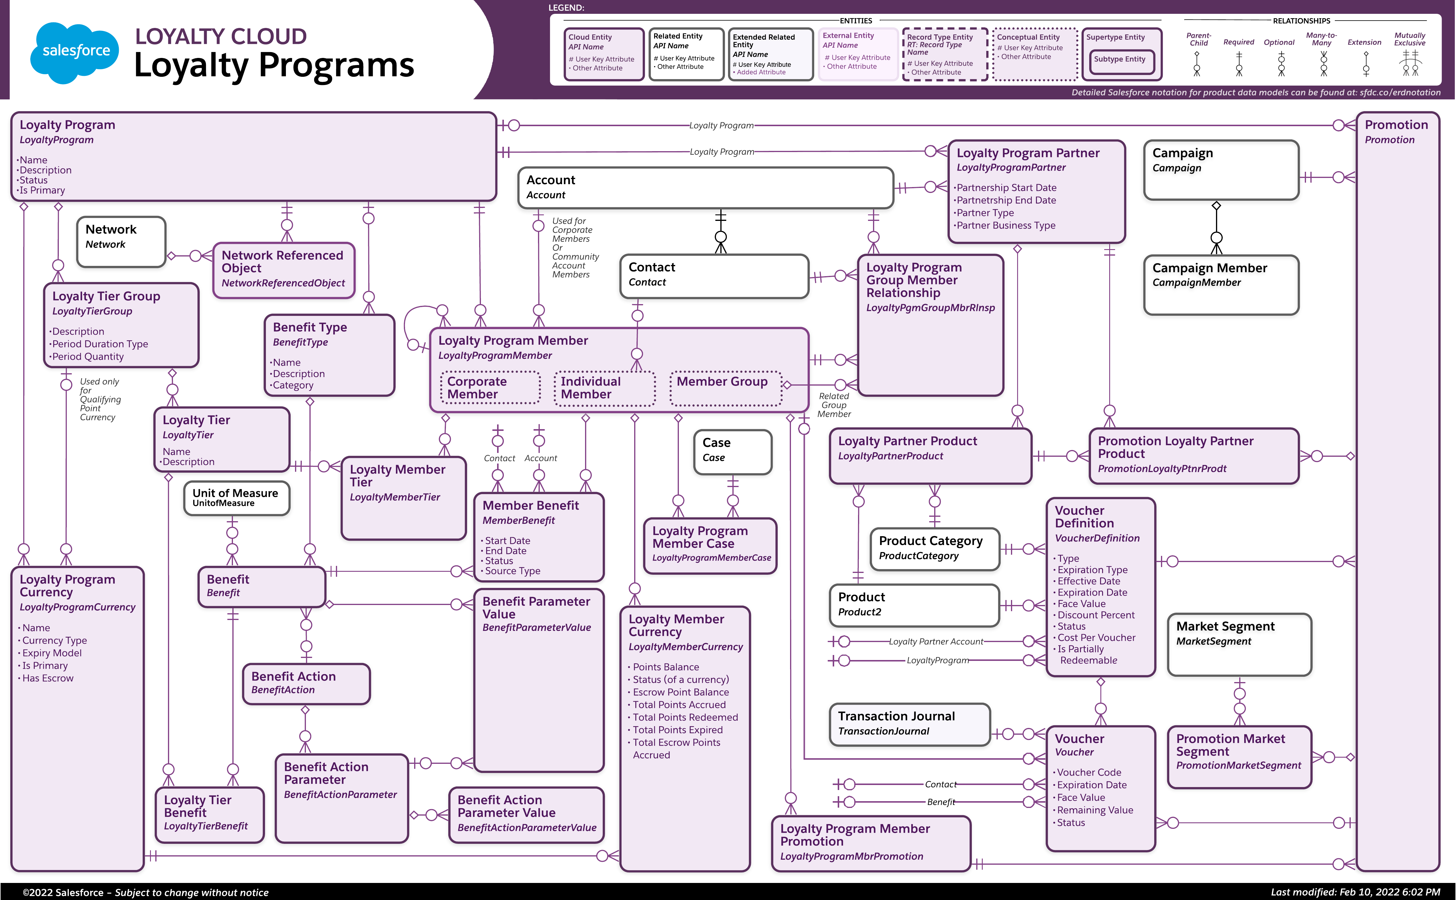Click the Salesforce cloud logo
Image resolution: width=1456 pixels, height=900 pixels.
[75, 52]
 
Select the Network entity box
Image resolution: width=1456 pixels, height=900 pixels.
[121, 242]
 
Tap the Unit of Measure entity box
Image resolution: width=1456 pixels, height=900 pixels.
[236, 498]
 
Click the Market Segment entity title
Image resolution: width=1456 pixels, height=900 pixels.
[1225, 626]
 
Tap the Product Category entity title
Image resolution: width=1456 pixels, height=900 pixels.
[930, 541]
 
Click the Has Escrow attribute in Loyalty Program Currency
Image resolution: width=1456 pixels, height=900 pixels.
[48, 678]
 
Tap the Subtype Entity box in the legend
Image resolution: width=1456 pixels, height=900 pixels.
[1119, 59]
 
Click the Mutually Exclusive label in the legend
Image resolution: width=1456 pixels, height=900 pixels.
[1410, 39]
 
